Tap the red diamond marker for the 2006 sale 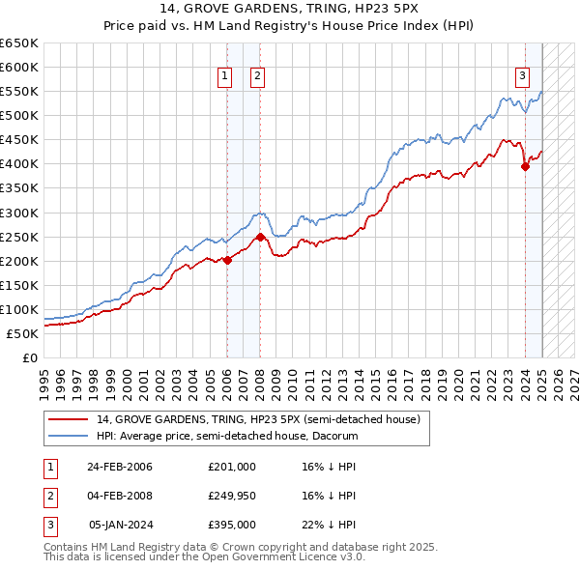(x=227, y=259)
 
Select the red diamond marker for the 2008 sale (x=261, y=236)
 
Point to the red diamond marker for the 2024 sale (x=525, y=166)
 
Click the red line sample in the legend (x=69, y=419)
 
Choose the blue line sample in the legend (x=69, y=436)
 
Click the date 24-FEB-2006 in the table (x=120, y=467)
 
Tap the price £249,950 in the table (x=232, y=496)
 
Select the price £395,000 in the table (x=232, y=525)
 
